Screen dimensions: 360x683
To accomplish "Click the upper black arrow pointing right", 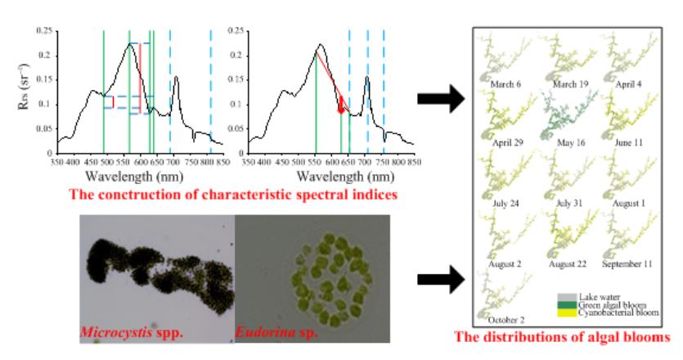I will point(440,99).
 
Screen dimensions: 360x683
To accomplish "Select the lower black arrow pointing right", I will point(440,280).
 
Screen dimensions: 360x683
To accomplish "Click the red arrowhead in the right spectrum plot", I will point(341,108).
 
